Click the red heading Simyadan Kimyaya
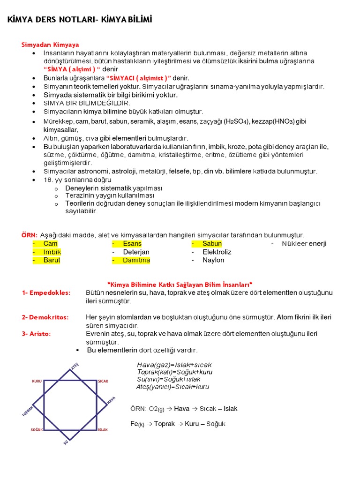[x=50, y=45]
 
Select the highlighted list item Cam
[x=50, y=244]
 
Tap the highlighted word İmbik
[x=52, y=252]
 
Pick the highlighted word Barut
[x=52, y=260]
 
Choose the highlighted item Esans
[x=132, y=244]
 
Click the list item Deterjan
[x=136, y=252]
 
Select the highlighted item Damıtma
[x=136, y=260]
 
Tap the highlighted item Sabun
[x=212, y=244]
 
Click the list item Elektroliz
[x=217, y=252]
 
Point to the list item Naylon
[x=213, y=260]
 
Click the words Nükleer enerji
[x=304, y=244]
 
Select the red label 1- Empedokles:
[x=46, y=292]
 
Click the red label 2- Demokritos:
[x=45, y=317]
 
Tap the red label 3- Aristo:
[x=36, y=334]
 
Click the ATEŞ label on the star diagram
[x=75, y=366]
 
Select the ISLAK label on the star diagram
[x=103, y=429]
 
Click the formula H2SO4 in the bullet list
[x=237, y=121]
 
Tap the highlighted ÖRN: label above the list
[x=30, y=235]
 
